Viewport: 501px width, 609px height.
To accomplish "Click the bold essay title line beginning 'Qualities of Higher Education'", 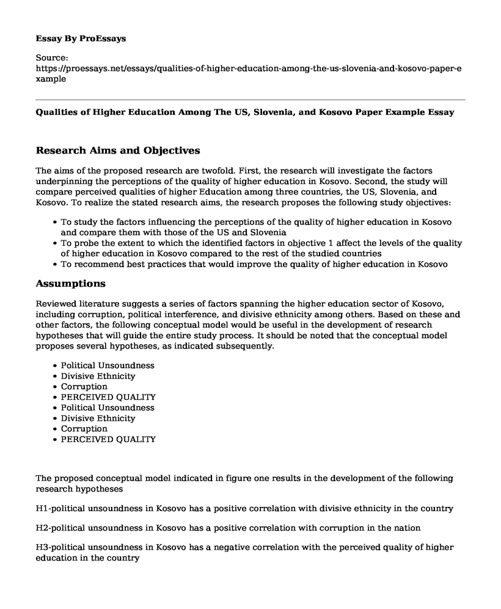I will click(x=245, y=113).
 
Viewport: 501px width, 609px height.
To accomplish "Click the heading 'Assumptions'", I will click(x=71, y=284).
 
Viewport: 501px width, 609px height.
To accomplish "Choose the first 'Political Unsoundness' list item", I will click(x=108, y=366).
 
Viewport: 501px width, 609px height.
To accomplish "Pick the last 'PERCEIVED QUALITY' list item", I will click(x=108, y=439).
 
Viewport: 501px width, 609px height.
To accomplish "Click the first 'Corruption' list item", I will click(x=84, y=386).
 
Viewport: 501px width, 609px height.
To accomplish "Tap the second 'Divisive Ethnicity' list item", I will click(x=98, y=418).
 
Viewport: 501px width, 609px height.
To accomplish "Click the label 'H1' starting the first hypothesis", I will click(x=42, y=509).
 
